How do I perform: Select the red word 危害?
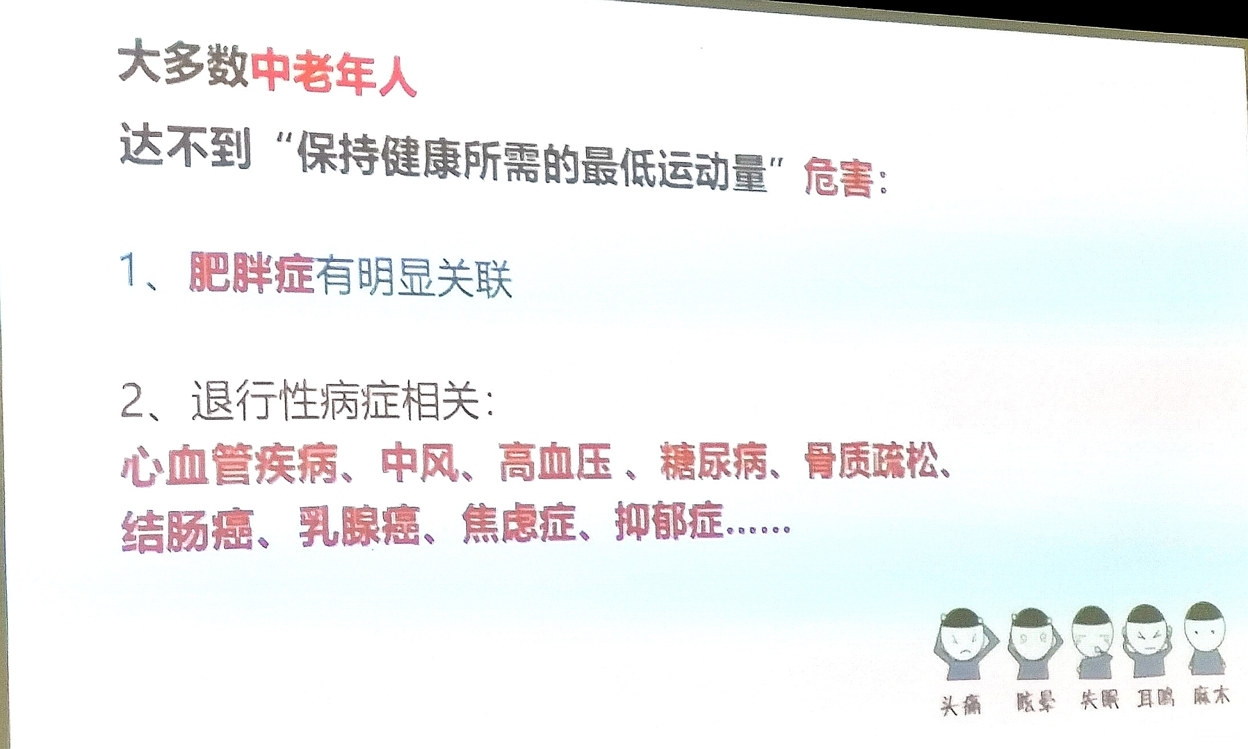[838, 177]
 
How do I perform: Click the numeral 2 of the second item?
[133, 400]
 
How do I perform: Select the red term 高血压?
[556, 461]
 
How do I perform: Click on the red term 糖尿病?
[713, 460]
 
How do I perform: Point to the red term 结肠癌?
[187, 531]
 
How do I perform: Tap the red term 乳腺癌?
[360, 526]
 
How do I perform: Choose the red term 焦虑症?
[518, 523]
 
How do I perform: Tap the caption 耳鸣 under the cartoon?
[1156, 698]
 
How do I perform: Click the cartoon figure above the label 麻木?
[1205, 638]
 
